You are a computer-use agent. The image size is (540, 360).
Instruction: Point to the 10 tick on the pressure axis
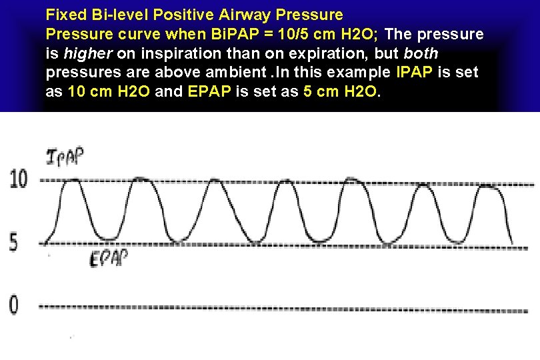coord(18,178)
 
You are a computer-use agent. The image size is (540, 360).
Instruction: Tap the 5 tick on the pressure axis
coord(14,242)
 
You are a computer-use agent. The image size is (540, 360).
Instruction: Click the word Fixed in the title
coord(65,14)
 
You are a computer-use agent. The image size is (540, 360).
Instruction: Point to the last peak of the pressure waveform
coord(489,187)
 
